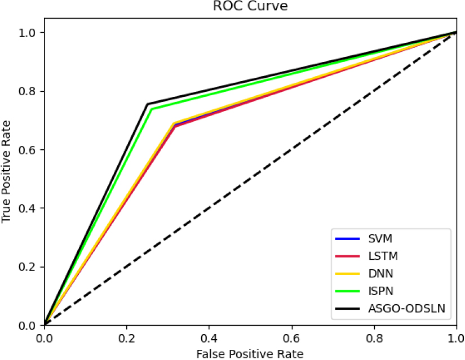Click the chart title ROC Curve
[x=250, y=6]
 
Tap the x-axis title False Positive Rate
[x=250, y=354]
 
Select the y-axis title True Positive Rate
[x=6, y=172]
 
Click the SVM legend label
[x=380, y=239]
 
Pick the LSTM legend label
[x=383, y=256]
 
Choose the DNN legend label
[x=381, y=273]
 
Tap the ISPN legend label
[x=381, y=291]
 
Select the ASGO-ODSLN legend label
[x=407, y=308]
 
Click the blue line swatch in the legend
[x=347, y=239]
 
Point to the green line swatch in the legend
[x=347, y=291]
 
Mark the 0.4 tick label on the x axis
[x=209, y=338]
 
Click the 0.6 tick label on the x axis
[x=292, y=338]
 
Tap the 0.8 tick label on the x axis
[x=374, y=338]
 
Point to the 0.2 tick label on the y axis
[x=26, y=266]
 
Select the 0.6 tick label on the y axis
[x=26, y=149]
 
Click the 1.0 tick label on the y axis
[x=26, y=33]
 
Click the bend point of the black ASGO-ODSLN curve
[x=147, y=104]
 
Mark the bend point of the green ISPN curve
[x=152, y=109]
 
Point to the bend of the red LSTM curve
[x=175, y=127]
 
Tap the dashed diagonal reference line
[x=251, y=179]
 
